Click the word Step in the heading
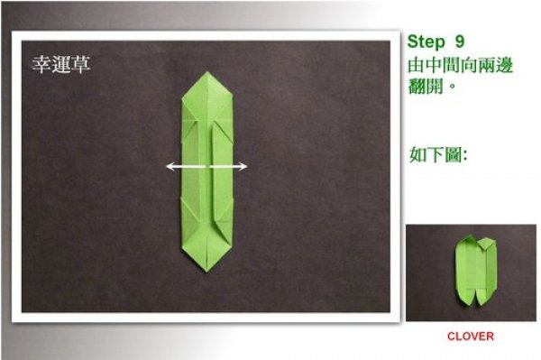(x=426, y=42)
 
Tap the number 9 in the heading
(x=459, y=42)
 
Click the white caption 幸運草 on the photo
(x=60, y=64)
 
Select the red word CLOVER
(x=471, y=337)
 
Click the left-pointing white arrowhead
(x=170, y=166)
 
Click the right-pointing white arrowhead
(x=243, y=167)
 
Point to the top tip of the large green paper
(x=207, y=72)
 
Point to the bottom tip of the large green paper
(x=206, y=272)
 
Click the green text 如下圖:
(x=438, y=154)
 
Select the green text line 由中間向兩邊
(x=460, y=66)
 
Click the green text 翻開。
(x=432, y=86)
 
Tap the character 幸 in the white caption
(x=41, y=64)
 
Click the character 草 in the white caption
(x=80, y=64)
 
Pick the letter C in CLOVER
(x=452, y=337)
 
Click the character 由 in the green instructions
(x=416, y=66)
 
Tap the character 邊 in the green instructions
(x=504, y=66)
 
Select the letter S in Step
(x=413, y=42)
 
